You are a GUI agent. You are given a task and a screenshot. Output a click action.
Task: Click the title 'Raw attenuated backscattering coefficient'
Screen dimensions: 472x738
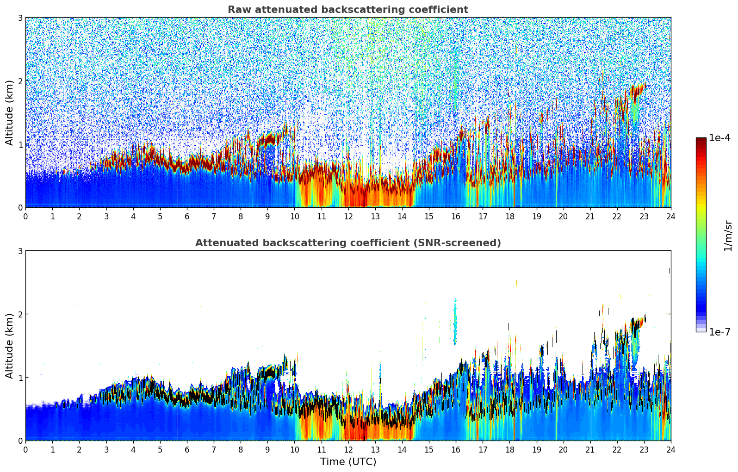click(347, 10)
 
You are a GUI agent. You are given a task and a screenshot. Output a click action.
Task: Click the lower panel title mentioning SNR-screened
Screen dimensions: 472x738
click(347, 243)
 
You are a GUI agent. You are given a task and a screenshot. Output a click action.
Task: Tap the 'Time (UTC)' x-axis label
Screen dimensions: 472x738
click(348, 462)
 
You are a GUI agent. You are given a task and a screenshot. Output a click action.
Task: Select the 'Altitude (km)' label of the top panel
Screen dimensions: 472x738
click(9, 112)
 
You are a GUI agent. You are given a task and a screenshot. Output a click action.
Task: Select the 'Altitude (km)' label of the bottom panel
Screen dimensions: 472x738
click(9, 346)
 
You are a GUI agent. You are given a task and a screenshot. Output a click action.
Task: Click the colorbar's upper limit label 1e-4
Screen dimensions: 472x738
click(719, 138)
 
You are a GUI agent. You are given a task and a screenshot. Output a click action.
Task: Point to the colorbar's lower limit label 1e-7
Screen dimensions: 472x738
click(719, 332)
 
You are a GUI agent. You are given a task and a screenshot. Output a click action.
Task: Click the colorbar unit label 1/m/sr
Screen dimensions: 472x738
click(728, 236)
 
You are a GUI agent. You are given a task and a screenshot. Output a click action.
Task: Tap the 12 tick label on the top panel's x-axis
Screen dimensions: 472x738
click(348, 217)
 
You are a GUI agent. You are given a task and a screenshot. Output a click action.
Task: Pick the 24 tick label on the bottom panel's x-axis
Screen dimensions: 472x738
click(670, 450)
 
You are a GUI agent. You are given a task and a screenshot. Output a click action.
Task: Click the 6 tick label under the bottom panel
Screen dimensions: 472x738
click(187, 450)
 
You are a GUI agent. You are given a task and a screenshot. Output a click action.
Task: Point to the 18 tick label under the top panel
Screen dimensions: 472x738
click(509, 217)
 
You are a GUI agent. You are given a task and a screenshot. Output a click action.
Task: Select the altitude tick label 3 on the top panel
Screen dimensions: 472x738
click(20, 18)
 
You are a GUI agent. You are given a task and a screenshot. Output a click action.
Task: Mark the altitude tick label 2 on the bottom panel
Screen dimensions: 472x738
click(20, 314)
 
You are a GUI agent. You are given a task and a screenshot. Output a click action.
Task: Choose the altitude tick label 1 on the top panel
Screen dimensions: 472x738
click(20, 144)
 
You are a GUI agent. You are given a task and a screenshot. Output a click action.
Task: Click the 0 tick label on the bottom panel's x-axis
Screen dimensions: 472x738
click(25, 450)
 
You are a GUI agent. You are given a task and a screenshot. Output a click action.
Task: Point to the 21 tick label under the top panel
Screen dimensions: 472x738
click(590, 217)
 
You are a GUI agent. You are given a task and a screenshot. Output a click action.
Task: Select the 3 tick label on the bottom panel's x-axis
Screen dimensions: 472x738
click(106, 450)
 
